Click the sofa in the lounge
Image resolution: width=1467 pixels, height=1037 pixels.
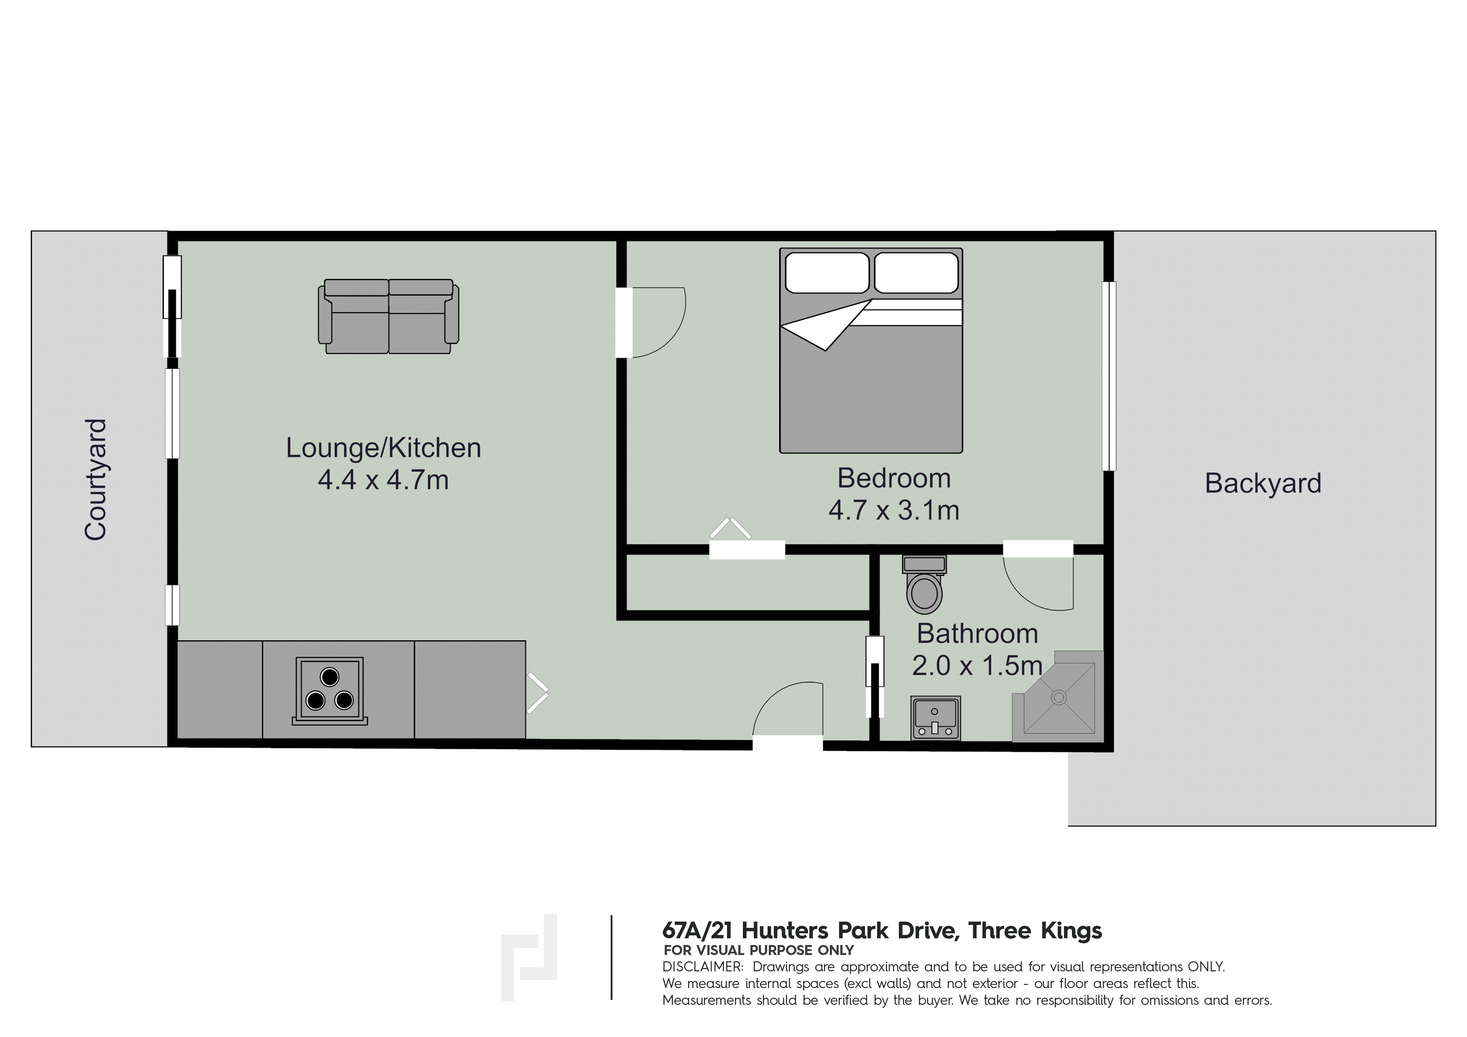[388, 316]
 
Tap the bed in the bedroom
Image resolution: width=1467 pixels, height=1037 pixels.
[871, 351]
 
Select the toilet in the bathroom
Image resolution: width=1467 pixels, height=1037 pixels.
[924, 585]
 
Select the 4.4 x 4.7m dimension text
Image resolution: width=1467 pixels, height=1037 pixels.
[383, 480]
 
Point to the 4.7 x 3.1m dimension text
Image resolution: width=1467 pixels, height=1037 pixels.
[894, 511]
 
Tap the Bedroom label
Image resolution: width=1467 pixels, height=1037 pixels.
[894, 478]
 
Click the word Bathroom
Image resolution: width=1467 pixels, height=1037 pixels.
[977, 634]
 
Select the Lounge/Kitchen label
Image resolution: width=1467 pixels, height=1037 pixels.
[383, 448]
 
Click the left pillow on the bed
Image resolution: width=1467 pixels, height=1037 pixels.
[827, 273]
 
